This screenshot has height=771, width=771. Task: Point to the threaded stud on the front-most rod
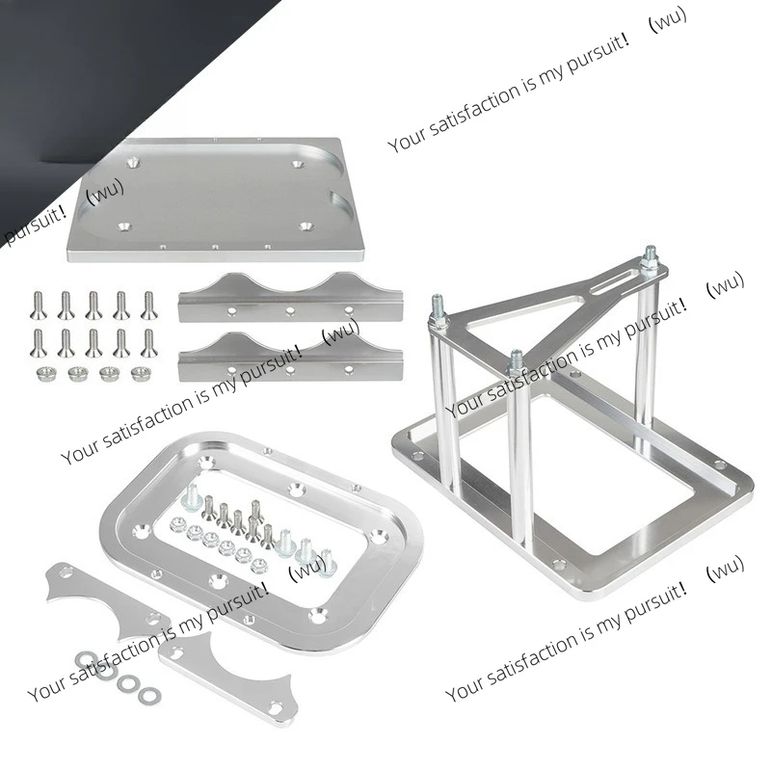tap(516, 361)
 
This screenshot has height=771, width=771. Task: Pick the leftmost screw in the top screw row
tap(38, 305)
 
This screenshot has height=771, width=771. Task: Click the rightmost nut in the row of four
tap(136, 373)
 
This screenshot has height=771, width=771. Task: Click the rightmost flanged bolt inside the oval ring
tap(325, 559)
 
